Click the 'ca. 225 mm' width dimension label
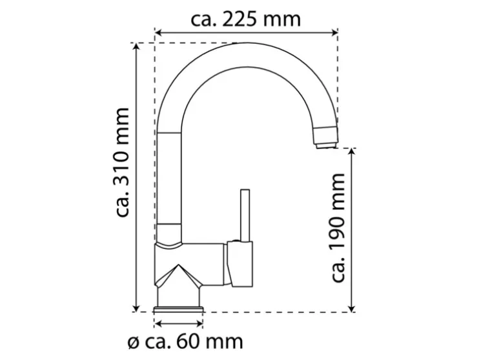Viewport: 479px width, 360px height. [x=246, y=19]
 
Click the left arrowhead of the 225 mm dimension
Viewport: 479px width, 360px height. [x=158, y=32]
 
